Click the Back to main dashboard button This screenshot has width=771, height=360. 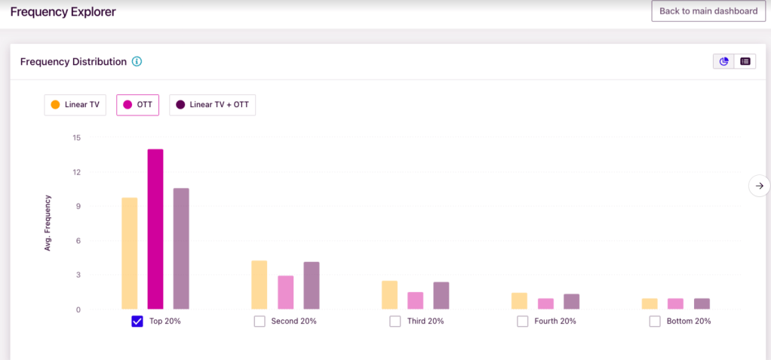[708, 11]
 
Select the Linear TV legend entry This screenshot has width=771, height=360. [74, 105]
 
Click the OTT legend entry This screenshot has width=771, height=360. [137, 105]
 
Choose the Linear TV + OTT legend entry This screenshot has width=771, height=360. [212, 105]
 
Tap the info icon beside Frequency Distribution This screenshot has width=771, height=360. [137, 61]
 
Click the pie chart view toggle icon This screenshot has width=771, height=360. [724, 61]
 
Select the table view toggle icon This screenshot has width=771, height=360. [745, 61]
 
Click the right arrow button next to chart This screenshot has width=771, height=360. [760, 186]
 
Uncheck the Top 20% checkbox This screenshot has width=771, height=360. [137, 321]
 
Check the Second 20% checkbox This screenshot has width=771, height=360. [260, 321]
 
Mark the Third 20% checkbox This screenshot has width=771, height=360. [395, 321]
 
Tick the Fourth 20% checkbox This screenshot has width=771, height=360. [523, 321]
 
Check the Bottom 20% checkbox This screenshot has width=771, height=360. [655, 321]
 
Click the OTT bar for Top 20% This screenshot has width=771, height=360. [155, 229]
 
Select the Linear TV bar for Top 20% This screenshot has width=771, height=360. [130, 254]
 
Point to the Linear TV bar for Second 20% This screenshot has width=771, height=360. [260, 285]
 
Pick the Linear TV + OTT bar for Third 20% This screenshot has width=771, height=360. [441, 296]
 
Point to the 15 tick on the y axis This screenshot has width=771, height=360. [76, 137]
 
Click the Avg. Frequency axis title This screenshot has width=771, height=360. [48, 223]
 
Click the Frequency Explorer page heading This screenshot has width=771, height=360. [63, 12]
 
